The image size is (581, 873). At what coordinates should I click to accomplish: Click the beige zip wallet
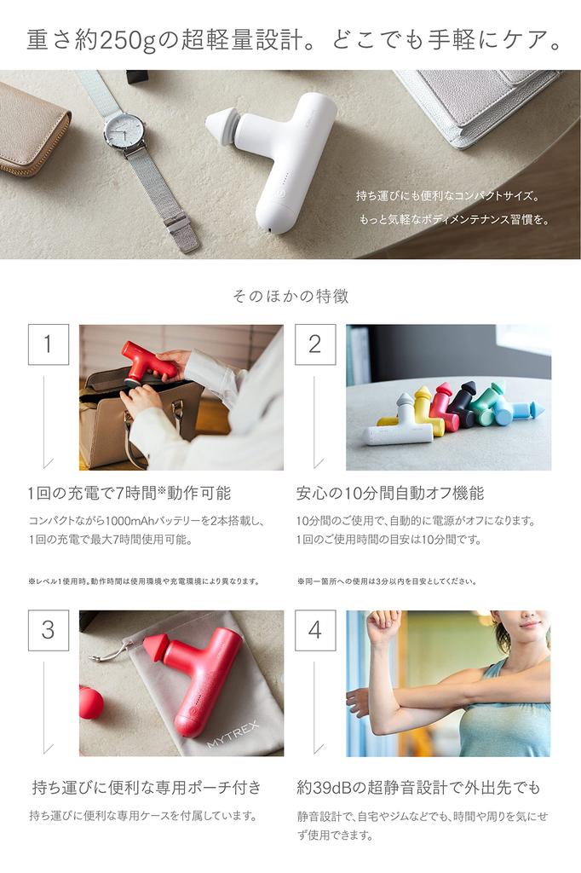pyautogui.click(x=32, y=129)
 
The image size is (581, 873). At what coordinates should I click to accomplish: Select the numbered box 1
pyautogui.click(x=48, y=344)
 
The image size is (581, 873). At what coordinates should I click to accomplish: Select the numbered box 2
pyautogui.click(x=314, y=344)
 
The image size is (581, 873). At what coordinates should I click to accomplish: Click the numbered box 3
pyautogui.click(x=48, y=630)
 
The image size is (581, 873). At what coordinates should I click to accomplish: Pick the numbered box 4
pyautogui.click(x=314, y=630)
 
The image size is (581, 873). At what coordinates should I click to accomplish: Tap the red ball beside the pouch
pyautogui.click(x=90, y=702)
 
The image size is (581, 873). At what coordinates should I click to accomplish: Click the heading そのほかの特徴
pyautogui.click(x=290, y=297)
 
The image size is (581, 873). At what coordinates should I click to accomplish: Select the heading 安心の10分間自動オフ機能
pyautogui.click(x=389, y=493)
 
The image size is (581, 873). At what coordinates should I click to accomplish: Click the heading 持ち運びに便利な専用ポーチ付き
pyautogui.click(x=146, y=787)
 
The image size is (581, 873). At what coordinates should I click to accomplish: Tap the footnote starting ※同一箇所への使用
pyautogui.click(x=386, y=581)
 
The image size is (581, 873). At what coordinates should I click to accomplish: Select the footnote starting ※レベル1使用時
pyautogui.click(x=143, y=581)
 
